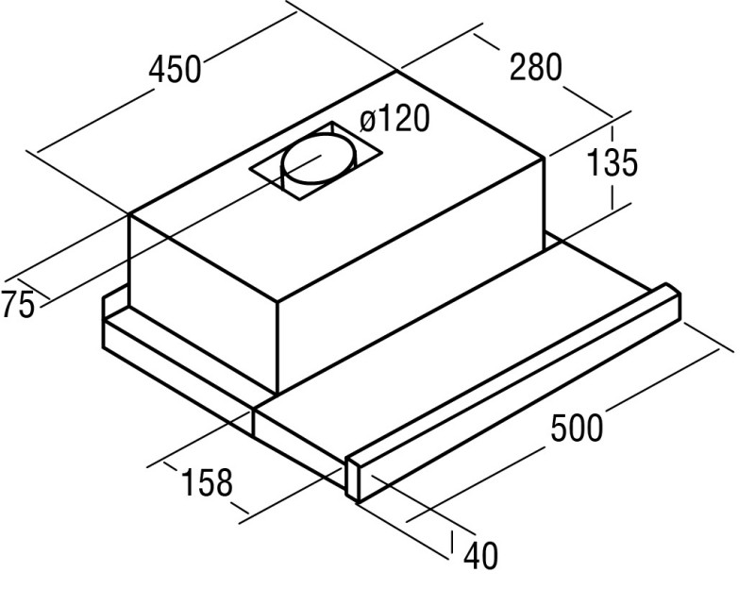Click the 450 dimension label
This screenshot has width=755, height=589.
click(x=175, y=69)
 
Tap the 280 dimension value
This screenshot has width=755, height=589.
click(x=535, y=67)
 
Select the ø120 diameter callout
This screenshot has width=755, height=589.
click(x=394, y=119)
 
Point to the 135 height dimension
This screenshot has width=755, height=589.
click(x=612, y=161)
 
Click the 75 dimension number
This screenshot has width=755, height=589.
click(x=18, y=304)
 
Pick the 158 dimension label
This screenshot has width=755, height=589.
click(x=207, y=482)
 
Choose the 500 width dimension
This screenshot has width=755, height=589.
click(x=577, y=428)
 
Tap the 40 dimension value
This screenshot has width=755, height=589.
click(x=480, y=556)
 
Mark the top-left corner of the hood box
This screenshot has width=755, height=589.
click(x=129, y=214)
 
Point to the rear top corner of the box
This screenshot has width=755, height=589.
click(x=396, y=72)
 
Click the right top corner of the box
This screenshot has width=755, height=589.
click(x=545, y=158)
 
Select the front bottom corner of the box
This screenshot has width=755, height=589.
click(x=277, y=394)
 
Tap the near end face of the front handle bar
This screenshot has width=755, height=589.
click(x=354, y=480)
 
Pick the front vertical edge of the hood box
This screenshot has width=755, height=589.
click(x=277, y=347)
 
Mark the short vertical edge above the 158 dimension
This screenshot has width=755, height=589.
click(x=253, y=423)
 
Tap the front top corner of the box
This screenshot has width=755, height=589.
click(x=277, y=302)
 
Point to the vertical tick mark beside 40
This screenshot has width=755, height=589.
click(x=452, y=543)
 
